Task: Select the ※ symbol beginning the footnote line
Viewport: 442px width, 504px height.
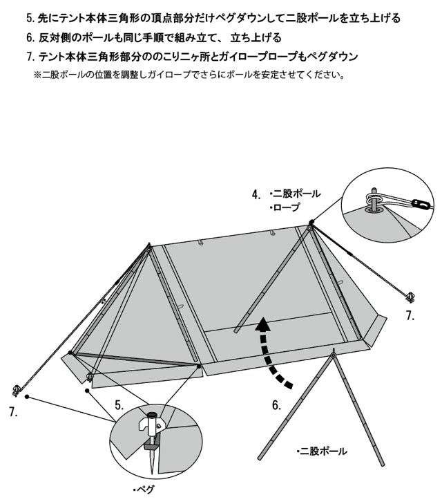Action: (37, 74)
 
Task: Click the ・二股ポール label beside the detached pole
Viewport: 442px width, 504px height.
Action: (321, 451)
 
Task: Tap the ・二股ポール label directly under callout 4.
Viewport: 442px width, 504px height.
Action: (295, 194)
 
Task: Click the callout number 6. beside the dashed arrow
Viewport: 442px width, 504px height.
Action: (276, 405)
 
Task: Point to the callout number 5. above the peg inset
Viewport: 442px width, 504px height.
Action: (119, 405)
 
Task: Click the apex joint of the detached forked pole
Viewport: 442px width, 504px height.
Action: (333, 356)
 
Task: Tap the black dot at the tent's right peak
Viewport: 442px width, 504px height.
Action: (311, 223)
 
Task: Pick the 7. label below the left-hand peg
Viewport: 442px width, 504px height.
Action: (13, 412)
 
